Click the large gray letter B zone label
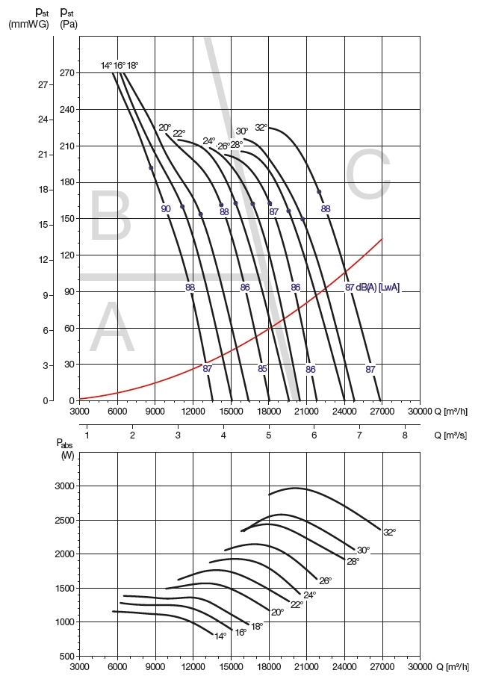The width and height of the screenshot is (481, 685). [x=111, y=217]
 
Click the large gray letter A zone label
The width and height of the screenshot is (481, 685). [x=112, y=329]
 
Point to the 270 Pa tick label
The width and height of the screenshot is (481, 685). [x=67, y=73]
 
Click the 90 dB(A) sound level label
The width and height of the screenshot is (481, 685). [x=166, y=209]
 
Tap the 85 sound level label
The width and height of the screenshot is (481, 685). [x=262, y=368]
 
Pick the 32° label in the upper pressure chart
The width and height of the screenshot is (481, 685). [x=261, y=127]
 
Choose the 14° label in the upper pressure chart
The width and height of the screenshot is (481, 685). [x=106, y=66]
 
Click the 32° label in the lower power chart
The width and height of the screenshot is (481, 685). [x=389, y=532]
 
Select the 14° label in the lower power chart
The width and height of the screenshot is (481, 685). [x=220, y=636]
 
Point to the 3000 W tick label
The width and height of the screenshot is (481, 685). [x=65, y=486]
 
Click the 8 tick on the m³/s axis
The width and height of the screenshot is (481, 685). [x=405, y=435]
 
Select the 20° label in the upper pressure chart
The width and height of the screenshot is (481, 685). [x=164, y=128]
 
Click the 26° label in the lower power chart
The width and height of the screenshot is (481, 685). [x=324, y=580]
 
